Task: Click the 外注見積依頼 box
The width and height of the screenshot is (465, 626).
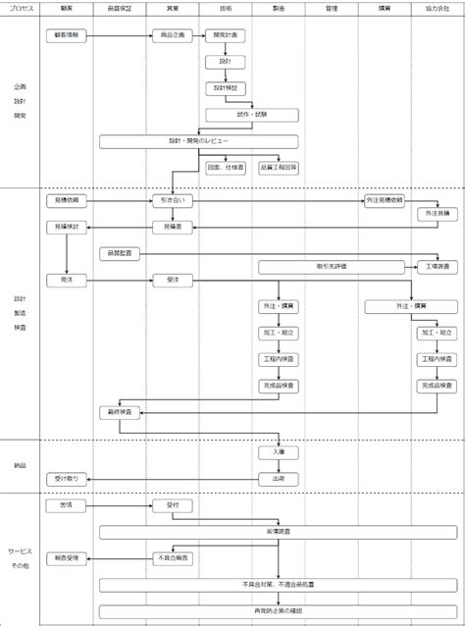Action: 385,200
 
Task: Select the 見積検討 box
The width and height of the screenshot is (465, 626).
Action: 66,227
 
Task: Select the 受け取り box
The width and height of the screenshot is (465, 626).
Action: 66,479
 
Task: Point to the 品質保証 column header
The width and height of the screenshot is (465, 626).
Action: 120,7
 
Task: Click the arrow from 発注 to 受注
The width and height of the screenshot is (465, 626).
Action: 120,280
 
